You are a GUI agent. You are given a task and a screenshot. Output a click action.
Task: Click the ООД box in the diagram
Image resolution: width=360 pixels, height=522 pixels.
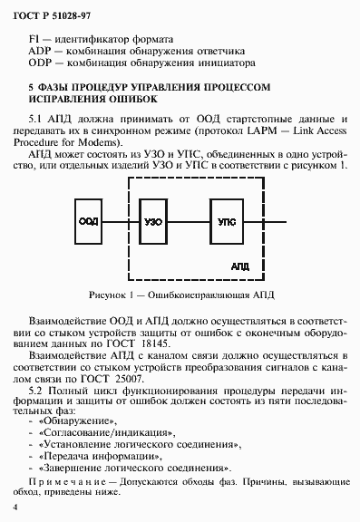(88, 221)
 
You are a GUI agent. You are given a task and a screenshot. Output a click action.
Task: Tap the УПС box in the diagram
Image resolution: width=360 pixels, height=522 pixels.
(227, 221)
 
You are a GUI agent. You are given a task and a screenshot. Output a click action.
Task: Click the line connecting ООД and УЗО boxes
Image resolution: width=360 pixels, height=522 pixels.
(120, 221)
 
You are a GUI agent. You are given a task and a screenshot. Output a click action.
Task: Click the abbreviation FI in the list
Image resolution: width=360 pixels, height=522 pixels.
(35, 40)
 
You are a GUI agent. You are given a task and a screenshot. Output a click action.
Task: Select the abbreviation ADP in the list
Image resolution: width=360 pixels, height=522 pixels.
(41, 52)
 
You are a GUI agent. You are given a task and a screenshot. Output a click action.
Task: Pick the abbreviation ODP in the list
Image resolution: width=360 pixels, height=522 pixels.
(41, 63)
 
